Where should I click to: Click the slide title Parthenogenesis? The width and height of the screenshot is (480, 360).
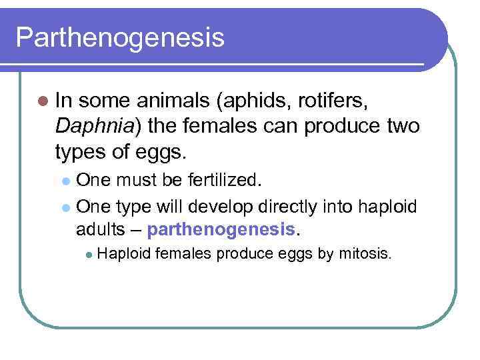(x=120, y=37)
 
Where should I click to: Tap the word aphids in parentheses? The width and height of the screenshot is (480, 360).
(x=247, y=101)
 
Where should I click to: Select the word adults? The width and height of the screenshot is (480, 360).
(x=101, y=231)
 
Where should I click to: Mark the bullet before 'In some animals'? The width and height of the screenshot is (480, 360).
(x=43, y=101)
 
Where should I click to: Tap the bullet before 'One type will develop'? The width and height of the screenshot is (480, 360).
(x=65, y=207)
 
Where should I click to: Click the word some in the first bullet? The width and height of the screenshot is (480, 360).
(x=107, y=101)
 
